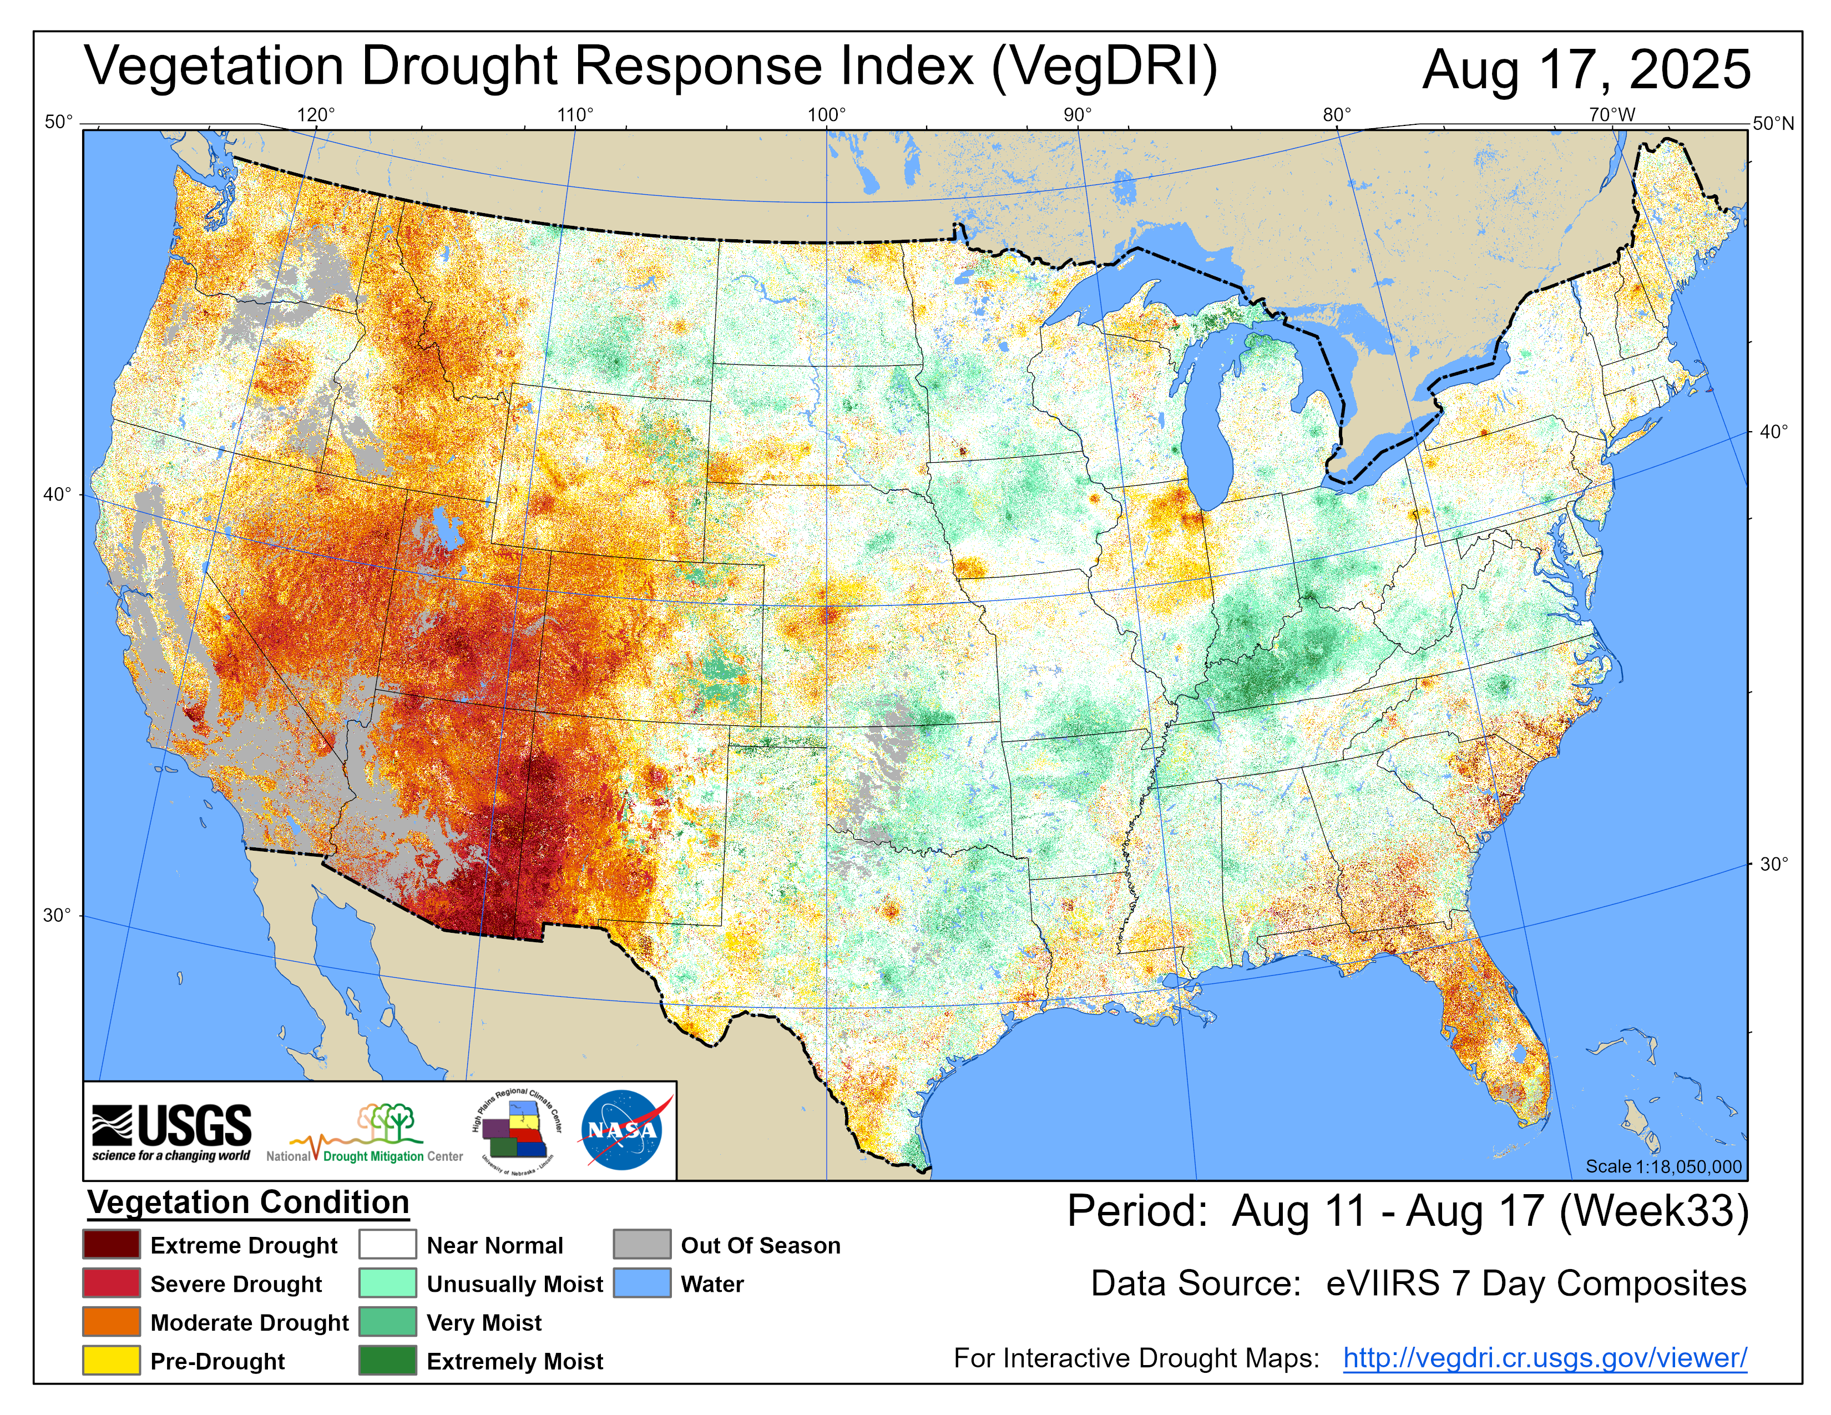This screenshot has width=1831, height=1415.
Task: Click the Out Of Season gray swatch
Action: pyautogui.click(x=641, y=1245)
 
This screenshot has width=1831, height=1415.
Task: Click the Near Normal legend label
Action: pyautogui.click(x=494, y=1246)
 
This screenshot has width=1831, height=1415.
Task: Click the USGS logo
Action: pyautogui.click(x=172, y=1131)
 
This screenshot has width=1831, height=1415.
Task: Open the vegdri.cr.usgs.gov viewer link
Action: pyautogui.click(x=1544, y=1358)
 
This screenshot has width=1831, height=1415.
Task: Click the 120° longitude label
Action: pyautogui.click(x=316, y=115)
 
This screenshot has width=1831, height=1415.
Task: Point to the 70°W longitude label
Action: pyautogui.click(x=1611, y=115)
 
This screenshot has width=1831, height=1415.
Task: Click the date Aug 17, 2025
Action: pyautogui.click(x=1586, y=69)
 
